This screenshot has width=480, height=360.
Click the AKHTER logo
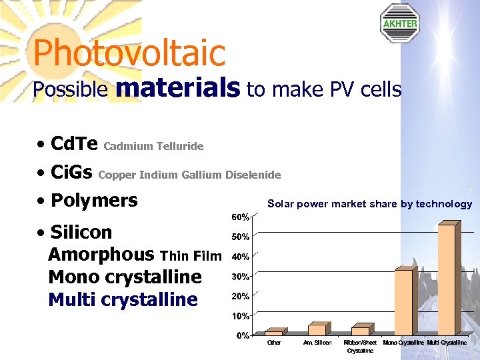click(x=399, y=23)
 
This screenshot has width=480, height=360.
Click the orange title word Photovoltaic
click(x=129, y=53)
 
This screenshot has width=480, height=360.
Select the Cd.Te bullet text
click(x=74, y=144)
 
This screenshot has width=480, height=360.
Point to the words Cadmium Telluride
click(x=154, y=146)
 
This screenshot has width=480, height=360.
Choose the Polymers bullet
click(x=94, y=200)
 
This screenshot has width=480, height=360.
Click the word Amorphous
click(x=101, y=255)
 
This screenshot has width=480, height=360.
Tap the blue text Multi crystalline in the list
click(x=123, y=299)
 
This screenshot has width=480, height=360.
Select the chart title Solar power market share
click(x=369, y=204)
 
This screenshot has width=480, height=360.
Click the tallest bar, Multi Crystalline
click(x=446, y=279)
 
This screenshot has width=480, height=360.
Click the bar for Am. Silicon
click(x=317, y=329)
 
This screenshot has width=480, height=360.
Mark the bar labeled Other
click(x=273, y=333)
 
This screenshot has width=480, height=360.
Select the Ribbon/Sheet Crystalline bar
click(x=360, y=331)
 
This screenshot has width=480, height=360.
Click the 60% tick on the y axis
click(x=241, y=217)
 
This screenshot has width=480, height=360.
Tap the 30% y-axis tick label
click(x=241, y=276)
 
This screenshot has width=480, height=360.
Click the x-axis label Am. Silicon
click(x=317, y=343)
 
